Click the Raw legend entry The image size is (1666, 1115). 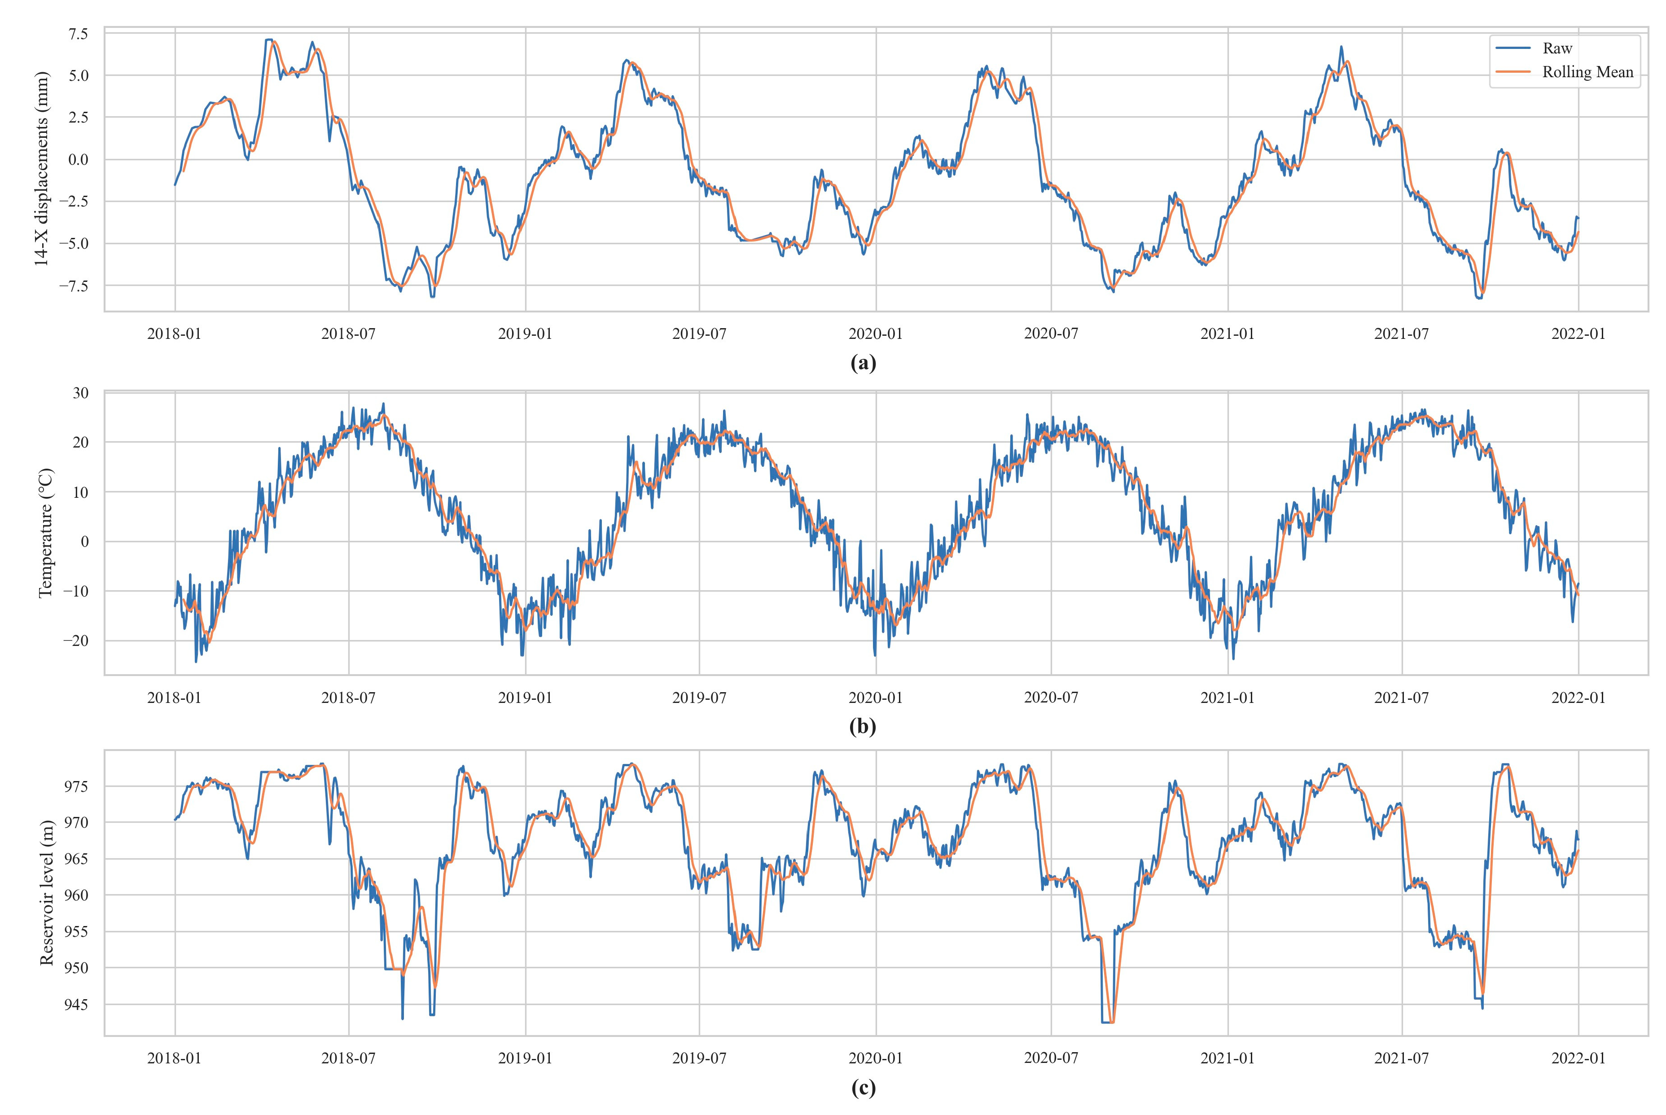pyautogui.click(x=1557, y=48)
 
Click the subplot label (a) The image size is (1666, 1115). pyautogui.click(x=863, y=364)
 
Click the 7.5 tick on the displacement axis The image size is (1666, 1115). pyautogui.click(x=78, y=33)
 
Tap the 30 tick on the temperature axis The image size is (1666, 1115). pyautogui.click(x=80, y=393)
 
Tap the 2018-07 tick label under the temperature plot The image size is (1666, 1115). pyautogui.click(x=348, y=698)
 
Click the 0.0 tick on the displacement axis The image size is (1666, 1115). pyautogui.click(x=78, y=160)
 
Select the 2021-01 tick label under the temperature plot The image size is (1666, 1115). pyautogui.click(x=1228, y=698)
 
